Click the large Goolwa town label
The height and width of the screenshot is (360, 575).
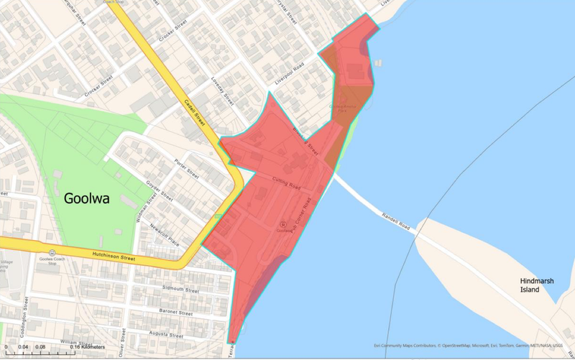(86, 198)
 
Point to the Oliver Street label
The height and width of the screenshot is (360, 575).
(123, 337)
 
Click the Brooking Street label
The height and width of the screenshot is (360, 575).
(305, 139)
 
